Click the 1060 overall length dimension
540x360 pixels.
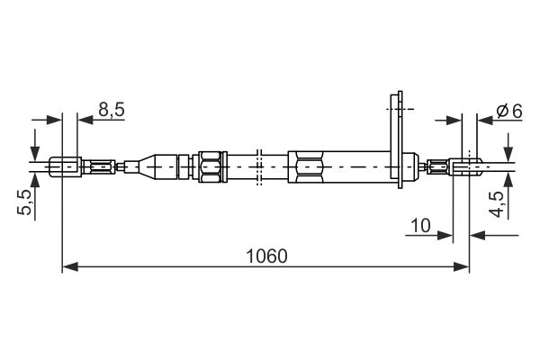coord(266,256)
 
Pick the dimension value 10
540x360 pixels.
coord(419,225)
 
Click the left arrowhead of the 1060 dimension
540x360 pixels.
coord(68,267)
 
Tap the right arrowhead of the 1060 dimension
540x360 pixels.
coord(463,267)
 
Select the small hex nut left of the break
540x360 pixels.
coord(208,166)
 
